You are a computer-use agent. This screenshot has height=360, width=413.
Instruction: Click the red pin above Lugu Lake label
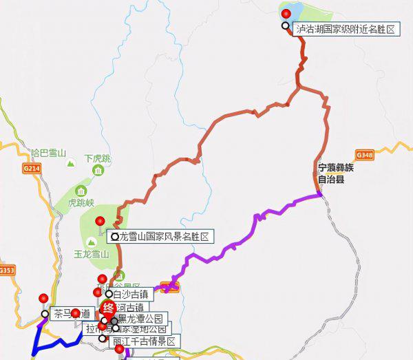tap(286, 14)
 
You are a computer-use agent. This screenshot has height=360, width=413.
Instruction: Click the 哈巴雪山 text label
tap(49, 153)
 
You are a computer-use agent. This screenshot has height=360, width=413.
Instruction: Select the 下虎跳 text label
tap(97, 159)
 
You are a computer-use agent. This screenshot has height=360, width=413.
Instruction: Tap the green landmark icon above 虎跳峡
tap(82, 191)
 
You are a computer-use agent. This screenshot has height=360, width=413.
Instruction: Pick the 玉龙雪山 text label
tap(92, 254)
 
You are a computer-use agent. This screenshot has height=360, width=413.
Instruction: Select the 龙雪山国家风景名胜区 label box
tap(163, 237)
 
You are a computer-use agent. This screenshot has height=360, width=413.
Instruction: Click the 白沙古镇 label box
tap(131, 294)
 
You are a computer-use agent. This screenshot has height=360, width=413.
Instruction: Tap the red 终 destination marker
tap(108, 308)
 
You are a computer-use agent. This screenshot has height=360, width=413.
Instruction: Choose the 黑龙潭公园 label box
tap(140, 319)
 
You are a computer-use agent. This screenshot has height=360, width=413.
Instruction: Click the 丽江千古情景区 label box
tap(144, 341)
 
